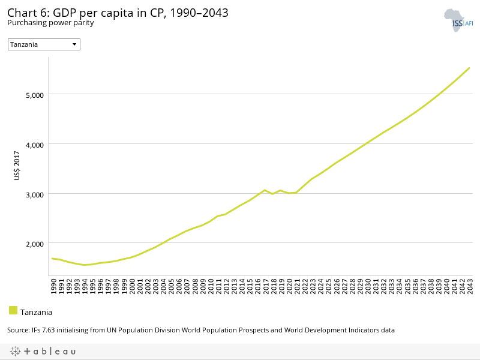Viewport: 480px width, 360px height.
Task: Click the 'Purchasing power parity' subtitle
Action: tap(50, 23)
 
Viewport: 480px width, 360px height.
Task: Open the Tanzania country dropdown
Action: tap(44, 44)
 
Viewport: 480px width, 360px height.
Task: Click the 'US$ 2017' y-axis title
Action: tap(17, 167)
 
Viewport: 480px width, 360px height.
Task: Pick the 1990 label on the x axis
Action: tap(53, 286)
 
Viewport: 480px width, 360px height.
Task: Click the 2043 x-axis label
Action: tap(470, 286)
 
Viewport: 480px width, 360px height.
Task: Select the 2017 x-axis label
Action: tap(265, 286)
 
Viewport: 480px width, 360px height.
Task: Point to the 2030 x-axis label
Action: tap(367, 286)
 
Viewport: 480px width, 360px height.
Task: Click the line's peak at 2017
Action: tap(265, 190)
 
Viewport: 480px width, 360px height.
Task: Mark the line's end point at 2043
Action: tap(469, 68)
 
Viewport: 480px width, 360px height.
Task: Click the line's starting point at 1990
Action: tap(52, 259)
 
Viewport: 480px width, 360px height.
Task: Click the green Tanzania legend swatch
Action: tap(13, 310)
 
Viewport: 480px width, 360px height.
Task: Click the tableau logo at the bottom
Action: tap(43, 351)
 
